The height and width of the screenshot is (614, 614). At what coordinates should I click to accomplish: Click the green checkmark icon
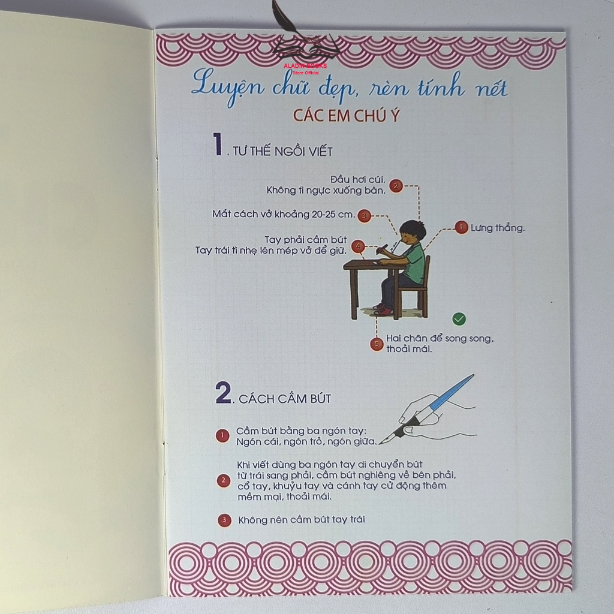459,319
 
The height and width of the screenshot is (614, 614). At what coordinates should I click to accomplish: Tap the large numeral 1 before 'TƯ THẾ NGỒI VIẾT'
217,144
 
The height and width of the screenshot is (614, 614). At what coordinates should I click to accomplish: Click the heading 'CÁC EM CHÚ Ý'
346,116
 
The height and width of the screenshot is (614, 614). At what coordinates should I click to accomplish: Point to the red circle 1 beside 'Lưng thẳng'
461,227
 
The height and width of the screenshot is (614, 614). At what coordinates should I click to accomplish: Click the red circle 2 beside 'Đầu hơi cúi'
396,186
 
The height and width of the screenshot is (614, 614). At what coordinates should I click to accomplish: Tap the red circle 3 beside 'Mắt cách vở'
364,216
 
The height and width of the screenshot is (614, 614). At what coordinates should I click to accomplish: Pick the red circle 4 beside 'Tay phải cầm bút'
358,246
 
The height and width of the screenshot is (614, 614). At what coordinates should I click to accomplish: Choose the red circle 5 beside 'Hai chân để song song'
377,344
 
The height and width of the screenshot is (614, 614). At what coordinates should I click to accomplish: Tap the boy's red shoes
382,310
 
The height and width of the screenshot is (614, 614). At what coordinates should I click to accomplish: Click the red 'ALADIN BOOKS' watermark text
305,66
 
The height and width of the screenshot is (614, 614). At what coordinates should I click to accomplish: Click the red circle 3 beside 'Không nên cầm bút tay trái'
224,520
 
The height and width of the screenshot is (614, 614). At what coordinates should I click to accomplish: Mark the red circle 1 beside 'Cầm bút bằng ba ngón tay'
222,435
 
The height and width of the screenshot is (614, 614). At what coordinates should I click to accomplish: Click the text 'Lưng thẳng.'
497,228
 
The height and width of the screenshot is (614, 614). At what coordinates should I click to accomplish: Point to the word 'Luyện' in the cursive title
227,87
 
